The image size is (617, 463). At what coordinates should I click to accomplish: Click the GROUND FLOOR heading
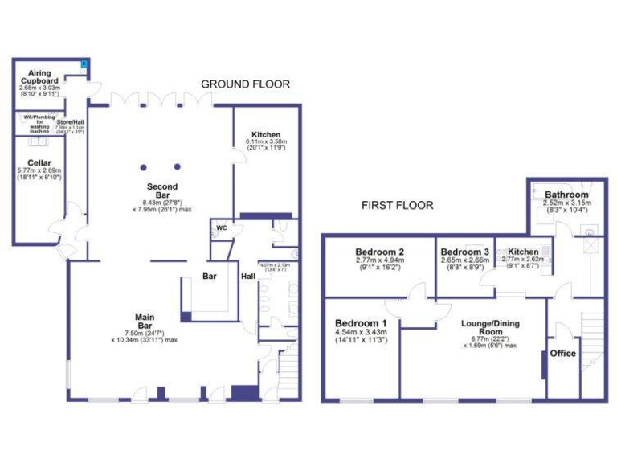coord(245,84)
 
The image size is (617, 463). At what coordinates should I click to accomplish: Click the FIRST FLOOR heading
coord(397,206)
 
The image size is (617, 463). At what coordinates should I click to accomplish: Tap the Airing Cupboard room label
coord(39,77)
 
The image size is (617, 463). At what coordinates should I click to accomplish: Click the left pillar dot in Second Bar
coord(143,166)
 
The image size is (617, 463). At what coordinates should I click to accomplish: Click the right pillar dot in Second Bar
coord(177,166)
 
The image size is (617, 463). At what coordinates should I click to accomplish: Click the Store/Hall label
coord(69,121)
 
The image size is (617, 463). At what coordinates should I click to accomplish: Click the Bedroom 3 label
coord(464,252)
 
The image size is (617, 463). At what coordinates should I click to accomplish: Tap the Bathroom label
coord(566,195)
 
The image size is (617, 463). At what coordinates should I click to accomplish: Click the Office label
coord(563,353)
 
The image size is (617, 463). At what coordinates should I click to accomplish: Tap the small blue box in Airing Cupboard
coord(84,64)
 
